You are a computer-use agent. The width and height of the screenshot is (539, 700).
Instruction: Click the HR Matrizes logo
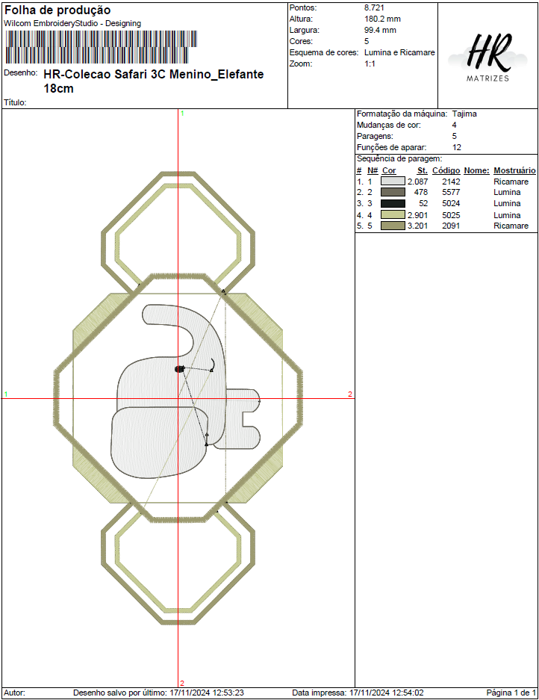coord(487,57)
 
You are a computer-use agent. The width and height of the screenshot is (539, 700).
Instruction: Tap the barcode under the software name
coord(101,47)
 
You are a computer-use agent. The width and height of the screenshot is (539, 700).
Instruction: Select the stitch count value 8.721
coord(374,7)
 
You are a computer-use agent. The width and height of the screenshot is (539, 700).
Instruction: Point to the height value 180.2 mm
coord(382,19)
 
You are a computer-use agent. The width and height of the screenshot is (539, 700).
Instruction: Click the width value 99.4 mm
coord(380,30)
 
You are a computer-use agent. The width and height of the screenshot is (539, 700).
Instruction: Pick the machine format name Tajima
coord(464,114)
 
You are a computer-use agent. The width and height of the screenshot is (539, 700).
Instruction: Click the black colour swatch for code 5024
coord(393,203)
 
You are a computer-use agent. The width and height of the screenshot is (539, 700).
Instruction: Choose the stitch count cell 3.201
coord(417,226)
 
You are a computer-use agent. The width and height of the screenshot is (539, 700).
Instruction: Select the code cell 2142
coord(451,182)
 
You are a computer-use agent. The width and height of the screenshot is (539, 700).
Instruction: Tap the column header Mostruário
coord(514,170)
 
